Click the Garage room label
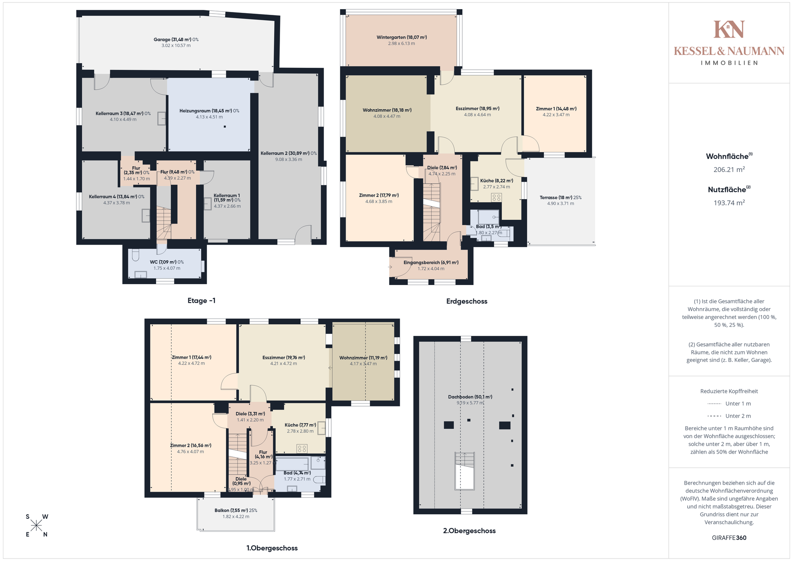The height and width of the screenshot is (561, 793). (176, 40)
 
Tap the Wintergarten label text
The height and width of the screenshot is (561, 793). (401, 37)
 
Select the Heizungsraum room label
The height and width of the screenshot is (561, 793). (209, 111)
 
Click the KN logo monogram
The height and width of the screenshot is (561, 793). (729, 29)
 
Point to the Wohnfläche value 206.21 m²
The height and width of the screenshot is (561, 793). (729, 169)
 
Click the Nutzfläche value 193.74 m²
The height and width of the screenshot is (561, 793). (729, 203)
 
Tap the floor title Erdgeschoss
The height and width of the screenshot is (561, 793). (467, 302)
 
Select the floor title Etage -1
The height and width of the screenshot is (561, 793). (202, 301)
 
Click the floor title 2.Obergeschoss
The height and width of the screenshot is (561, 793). (469, 531)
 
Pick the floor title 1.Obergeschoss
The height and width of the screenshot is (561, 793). (272, 548)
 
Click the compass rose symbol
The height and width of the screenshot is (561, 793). (36, 525)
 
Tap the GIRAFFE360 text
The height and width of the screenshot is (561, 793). (729, 538)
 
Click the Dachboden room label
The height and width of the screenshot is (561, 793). (470, 397)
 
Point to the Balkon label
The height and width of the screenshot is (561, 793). (236, 511)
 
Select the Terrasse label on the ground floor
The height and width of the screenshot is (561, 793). (560, 197)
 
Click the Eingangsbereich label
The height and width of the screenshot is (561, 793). (431, 263)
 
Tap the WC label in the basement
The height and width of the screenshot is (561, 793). (167, 262)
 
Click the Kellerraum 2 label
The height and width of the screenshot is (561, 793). (289, 153)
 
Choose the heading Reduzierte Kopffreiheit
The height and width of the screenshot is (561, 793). (729, 391)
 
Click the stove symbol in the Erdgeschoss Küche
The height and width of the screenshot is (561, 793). (496, 197)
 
